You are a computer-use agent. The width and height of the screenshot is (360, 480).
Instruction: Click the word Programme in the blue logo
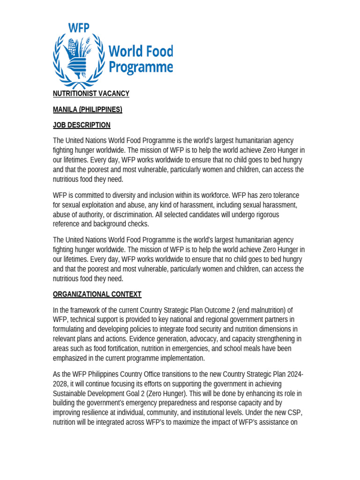[x=141, y=67]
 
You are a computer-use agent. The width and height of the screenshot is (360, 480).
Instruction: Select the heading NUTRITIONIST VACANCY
[x=91, y=94]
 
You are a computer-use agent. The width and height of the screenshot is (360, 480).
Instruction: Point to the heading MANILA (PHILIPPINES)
[x=87, y=110]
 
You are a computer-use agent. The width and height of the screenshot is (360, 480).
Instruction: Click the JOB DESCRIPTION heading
[x=82, y=125]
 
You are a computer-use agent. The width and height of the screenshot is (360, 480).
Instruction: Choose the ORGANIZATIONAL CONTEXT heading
[x=97, y=294]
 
